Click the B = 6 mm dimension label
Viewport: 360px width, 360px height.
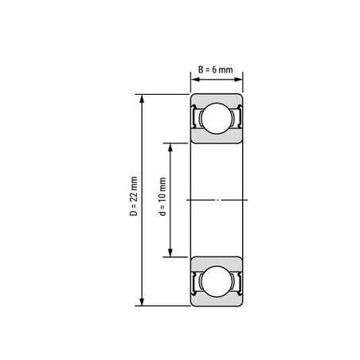click(x=216, y=70)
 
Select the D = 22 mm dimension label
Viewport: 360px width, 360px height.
click(x=134, y=196)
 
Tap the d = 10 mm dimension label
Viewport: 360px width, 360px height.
click(x=162, y=197)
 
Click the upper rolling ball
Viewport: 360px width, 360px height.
click(x=217, y=119)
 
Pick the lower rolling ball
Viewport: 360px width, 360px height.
click(x=217, y=281)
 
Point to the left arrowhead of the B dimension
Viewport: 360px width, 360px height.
click(x=196, y=80)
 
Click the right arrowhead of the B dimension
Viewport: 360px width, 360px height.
click(x=238, y=80)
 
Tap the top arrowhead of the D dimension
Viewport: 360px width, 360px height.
click(x=142, y=99)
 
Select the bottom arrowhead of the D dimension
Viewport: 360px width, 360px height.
click(x=142, y=301)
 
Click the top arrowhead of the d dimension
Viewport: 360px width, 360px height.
click(x=170, y=147)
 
